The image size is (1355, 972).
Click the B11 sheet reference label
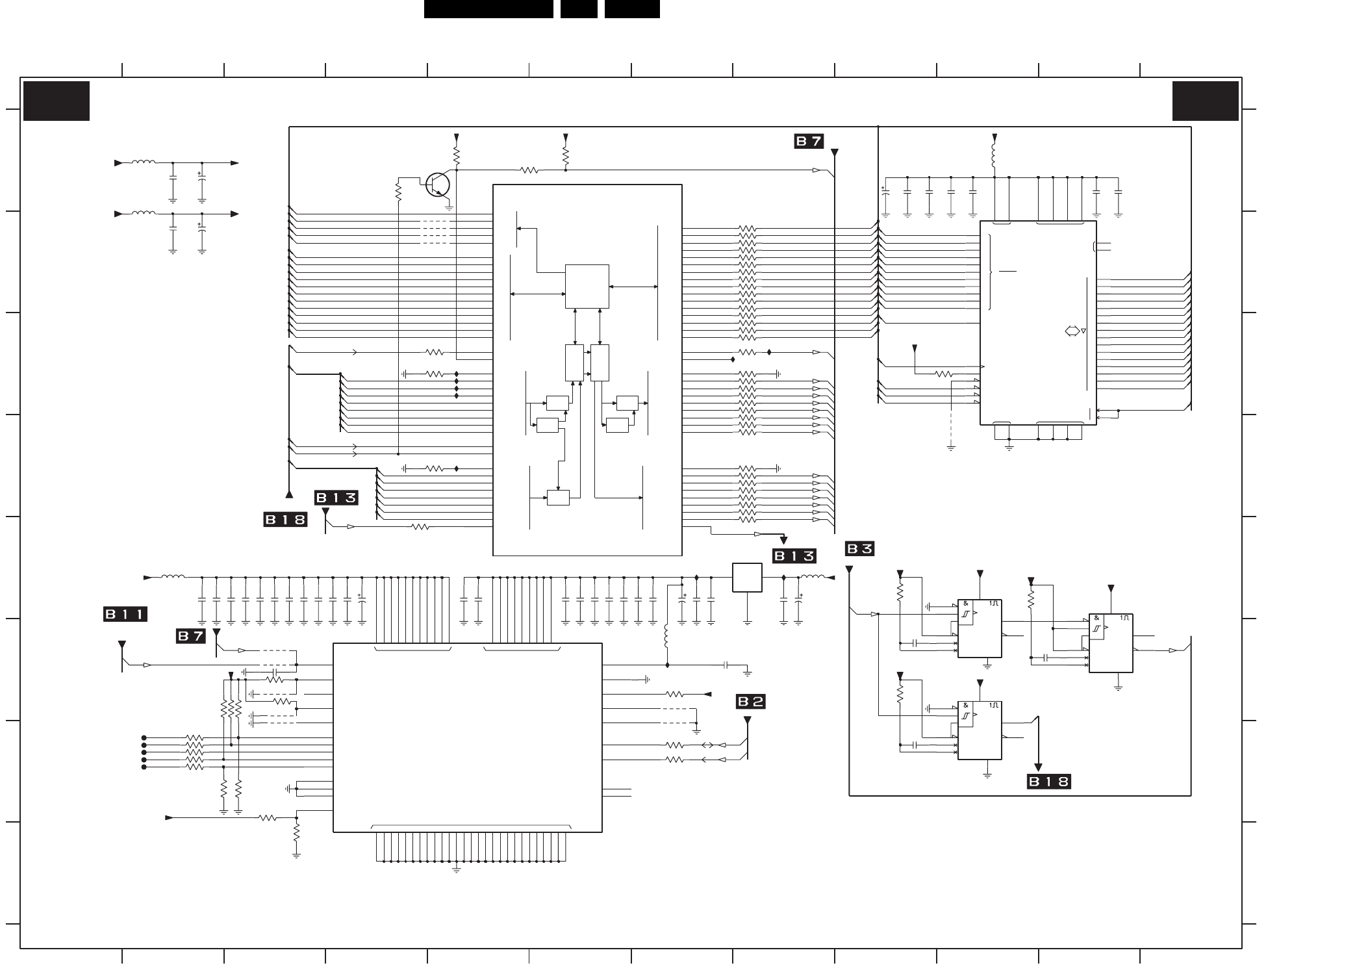125,614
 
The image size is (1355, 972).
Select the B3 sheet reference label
859,549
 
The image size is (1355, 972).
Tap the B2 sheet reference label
751,702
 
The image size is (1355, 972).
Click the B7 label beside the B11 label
191,636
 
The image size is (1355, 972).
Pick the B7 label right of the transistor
809,141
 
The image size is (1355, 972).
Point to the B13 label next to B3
794,556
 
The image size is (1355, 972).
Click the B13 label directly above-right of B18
336,498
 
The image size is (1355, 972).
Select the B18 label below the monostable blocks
1048,782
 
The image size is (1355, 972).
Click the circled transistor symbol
438,185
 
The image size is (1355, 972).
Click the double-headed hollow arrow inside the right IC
1072,331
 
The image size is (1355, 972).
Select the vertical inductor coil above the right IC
994,156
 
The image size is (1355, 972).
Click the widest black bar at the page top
488,9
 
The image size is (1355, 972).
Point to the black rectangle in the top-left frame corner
57,101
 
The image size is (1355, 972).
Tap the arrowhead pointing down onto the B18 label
1038,767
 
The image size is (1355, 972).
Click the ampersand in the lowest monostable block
966,706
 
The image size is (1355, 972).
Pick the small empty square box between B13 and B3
747,578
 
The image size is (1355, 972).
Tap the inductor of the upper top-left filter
143,162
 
